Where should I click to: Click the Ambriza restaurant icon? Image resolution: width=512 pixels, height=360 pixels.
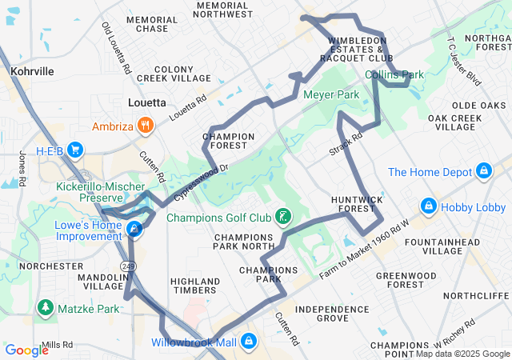tap(146, 125)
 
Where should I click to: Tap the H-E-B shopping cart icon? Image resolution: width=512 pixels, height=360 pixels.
tap(77, 150)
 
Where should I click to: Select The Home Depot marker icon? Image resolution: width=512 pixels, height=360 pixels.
tap(483, 171)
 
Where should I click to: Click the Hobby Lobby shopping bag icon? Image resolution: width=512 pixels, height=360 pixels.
tap(429, 206)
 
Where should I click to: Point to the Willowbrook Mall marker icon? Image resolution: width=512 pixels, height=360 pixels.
tap(250, 342)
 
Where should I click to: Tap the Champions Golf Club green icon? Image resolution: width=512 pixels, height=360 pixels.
tap(282, 217)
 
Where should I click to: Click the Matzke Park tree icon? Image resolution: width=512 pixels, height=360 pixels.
tap(45, 308)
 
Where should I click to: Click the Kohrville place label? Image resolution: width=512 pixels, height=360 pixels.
tap(33, 71)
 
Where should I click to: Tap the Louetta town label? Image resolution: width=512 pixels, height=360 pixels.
tap(147, 102)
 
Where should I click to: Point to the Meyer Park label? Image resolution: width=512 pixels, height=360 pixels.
tap(331, 94)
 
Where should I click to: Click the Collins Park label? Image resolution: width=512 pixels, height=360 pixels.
tap(394, 75)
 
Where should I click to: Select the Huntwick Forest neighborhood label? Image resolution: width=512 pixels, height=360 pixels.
tap(353, 203)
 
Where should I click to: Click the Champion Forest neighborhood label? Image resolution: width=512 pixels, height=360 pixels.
tap(229, 141)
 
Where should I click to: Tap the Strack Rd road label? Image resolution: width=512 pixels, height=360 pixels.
tap(346, 144)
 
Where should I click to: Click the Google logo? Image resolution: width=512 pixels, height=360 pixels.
tap(26, 350)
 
